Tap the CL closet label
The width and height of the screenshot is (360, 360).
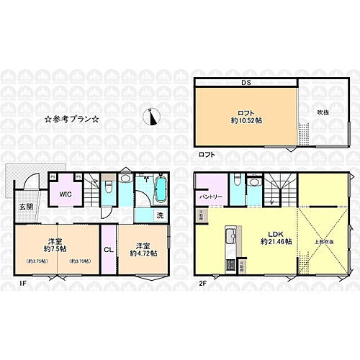108,250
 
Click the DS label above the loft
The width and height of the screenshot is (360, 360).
247,82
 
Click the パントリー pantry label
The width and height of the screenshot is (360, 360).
210,196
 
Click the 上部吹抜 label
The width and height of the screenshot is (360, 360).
321,242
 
